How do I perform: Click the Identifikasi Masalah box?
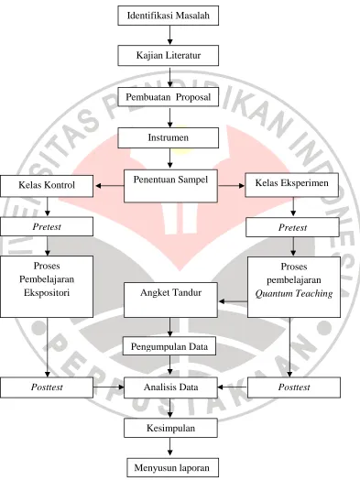168,16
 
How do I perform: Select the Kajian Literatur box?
168,55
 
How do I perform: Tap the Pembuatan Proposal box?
168,97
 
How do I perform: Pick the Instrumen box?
168,137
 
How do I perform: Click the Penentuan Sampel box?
170,186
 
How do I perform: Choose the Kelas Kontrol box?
47,186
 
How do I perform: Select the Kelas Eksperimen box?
291,185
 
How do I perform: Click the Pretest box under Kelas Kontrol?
47,226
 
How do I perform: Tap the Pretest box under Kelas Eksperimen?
292,227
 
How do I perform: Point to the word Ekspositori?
47,292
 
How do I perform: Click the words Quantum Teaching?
294,293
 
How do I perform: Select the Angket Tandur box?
170,300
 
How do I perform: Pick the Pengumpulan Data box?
169,346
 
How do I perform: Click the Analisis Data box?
170,387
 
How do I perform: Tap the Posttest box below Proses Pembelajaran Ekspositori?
47,387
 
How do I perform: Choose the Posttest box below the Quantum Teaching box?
294,387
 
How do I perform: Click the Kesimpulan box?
170,428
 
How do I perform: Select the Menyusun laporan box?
172,467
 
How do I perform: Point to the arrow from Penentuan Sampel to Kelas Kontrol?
110,186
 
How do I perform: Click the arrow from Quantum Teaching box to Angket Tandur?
234,301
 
